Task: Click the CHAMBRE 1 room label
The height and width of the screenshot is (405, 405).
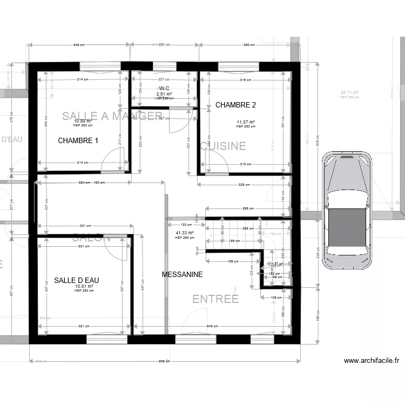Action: point(78,141)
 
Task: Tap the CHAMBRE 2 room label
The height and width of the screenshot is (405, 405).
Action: point(235,105)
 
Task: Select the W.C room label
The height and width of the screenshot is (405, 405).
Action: point(164,88)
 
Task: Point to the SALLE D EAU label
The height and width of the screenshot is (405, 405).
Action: point(76,280)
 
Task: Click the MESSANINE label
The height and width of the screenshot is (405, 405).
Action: point(182,274)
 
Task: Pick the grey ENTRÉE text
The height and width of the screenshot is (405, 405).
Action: point(215,299)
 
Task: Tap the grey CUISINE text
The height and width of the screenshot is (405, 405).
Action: point(224,146)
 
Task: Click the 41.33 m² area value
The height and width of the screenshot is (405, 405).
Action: point(184,233)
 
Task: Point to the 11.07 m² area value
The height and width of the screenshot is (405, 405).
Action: point(246,122)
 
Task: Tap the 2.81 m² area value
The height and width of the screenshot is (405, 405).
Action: point(165,94)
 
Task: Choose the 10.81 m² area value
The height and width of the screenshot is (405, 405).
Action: point(84,286)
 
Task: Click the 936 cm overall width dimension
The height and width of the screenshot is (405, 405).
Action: point(165,361)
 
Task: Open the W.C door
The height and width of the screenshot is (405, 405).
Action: point(178,120)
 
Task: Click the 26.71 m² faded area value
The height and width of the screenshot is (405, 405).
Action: point(349,92)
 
